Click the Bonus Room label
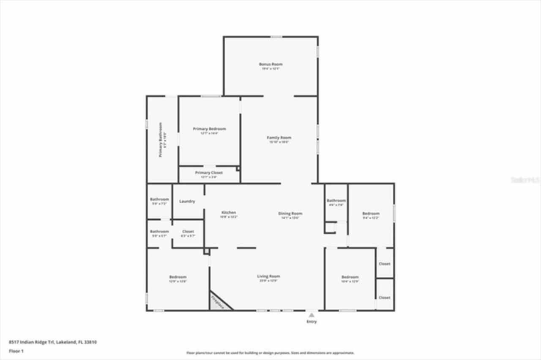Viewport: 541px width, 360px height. [270, 64]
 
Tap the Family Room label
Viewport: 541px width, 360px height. [279, 138]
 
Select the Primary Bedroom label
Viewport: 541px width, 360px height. [209, 129]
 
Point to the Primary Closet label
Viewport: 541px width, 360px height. [209, 173]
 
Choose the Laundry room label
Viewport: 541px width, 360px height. [187, 202]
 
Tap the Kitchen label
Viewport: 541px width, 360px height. [229, 213]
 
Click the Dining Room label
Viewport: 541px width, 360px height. [290, 214]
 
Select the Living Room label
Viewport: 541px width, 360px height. [268, 276]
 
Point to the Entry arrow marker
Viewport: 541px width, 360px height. [311, 315]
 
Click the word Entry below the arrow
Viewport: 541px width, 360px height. [311, 322]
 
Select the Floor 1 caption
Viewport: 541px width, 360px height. [16, 351]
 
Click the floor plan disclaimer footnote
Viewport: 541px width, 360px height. [270, 353]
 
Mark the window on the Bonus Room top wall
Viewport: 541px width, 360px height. [277, 37]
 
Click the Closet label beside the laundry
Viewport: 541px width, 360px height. [188, 232]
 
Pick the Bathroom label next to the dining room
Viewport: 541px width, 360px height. [336, 200]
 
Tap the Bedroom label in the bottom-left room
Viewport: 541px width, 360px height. [178, 277]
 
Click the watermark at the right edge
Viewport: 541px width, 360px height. [525, 180]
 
